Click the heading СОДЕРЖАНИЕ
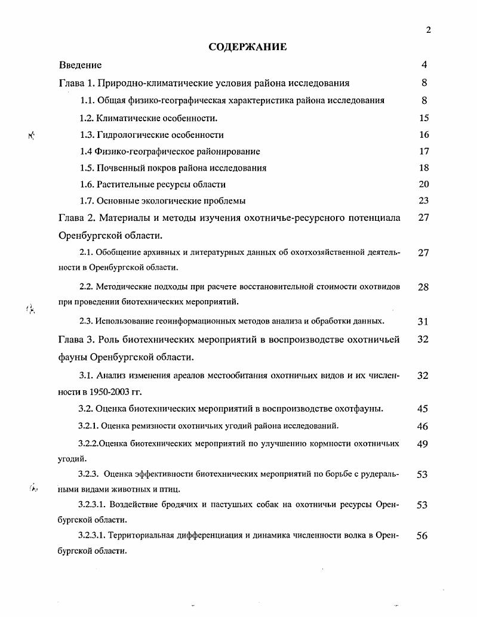click(x=248, y=47)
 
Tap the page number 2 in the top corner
click(x=428, y=30)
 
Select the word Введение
click(x=81, y=65)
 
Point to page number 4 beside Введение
click(x=424, y=65)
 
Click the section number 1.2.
click(x=87, y=118)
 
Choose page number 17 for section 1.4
click(x=424, y=152)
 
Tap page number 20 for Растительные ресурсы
click(x=424, y=184)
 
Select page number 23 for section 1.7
click(x=424, y=201)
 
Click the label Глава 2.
click(x=76, y=218)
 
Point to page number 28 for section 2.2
click(x=423, y=288)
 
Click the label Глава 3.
click(x=76, y=340)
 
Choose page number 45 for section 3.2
click(x=423, y=409)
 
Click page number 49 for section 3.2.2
click(x=423, y=444)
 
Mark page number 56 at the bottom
click(x=422, y=536)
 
